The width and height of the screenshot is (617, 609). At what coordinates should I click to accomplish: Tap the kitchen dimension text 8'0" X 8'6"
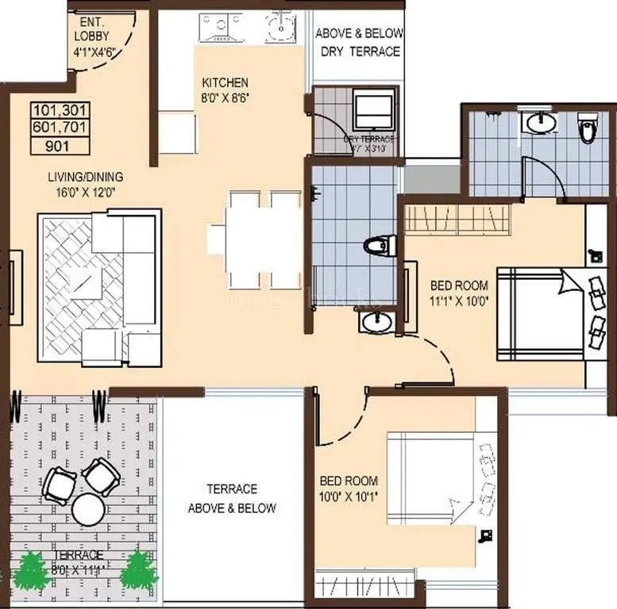pyautogui.click(x=225, y=98)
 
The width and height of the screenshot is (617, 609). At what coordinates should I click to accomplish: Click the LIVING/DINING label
pyautogui.click(x=85, y=177)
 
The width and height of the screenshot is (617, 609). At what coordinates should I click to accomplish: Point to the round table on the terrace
pyautogui.click(x=88, y=510)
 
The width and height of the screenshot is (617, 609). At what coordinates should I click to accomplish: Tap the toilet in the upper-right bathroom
pyautogui.click(x=588, y=128)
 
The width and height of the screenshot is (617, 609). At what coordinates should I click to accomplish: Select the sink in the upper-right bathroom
pyautogui.click(x=542, y=122)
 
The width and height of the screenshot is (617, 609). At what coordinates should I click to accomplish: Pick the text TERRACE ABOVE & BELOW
pyautogui.click(x=232, y=499)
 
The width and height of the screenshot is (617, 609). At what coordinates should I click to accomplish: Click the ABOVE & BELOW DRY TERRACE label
pyautogui.click(x=360, y=42)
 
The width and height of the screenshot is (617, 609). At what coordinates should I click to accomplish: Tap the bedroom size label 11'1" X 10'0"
pyautogui.click(x=459, y=301)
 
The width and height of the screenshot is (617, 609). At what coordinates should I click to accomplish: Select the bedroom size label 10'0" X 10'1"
pyautogui.click(x=349, y=497)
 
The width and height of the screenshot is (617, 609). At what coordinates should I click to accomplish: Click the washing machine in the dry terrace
pyautogui.click(x=374, y=111)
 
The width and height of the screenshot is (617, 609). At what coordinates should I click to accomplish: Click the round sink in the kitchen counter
pyautogui.click(x=280, y=29)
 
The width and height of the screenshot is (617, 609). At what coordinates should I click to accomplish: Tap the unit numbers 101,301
pyautogui.click(x=60, y=111)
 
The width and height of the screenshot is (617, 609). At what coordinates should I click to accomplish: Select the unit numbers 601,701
pyautogui.click(x=60, y=128)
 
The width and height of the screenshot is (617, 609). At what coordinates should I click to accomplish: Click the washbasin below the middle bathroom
pyautogui.click(x=375, y=322)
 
